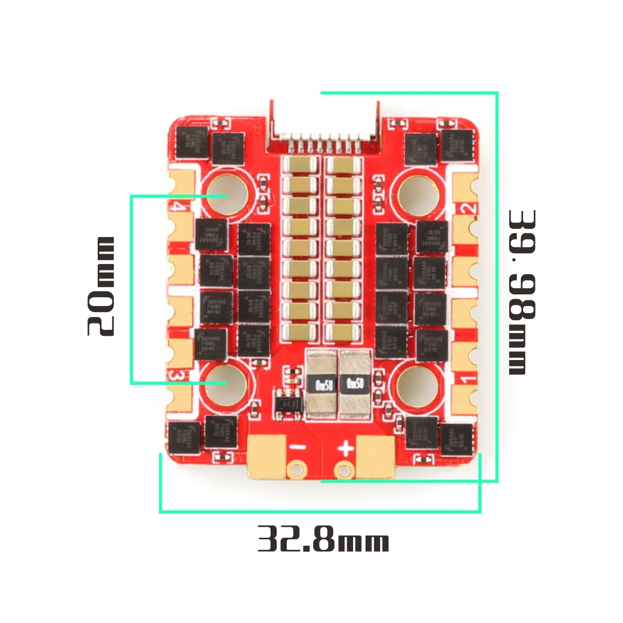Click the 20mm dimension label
click(x=101, y=286)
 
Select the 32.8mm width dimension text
click(x=323, y=539)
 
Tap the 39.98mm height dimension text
click(x=522, y=292)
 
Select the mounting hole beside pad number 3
click(x=225, y=383)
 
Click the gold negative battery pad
click(x=267, y=456)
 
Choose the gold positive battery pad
click(x=375, y=457)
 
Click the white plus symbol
click(x=346, y=448)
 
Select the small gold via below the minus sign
click(x=295, y=468)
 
